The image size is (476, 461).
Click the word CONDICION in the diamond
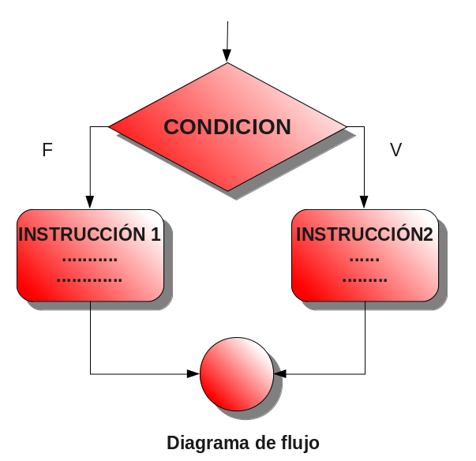(227, 127)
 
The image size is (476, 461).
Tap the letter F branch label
(47, 150)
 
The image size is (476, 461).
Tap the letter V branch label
(396, 150)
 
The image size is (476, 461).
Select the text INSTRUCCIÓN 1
(89, 234)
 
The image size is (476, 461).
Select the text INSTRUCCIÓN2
(365, 234)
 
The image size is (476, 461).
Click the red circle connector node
(236, 374)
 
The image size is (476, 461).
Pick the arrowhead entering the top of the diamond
(227, 56)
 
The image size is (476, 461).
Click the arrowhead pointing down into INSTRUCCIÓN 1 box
(90, 201)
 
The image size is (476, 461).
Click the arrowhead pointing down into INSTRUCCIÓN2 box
(365, 201)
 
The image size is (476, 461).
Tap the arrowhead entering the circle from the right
(279, 373)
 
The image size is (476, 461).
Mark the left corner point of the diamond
(110, 126)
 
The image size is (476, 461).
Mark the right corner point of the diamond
(346, 126)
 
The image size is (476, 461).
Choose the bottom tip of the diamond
(228, 190)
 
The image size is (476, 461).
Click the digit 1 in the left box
(156, 234)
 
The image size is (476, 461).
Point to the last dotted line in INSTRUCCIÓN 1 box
(89, 279)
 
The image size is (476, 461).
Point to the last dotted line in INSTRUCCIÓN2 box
(365, 279)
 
